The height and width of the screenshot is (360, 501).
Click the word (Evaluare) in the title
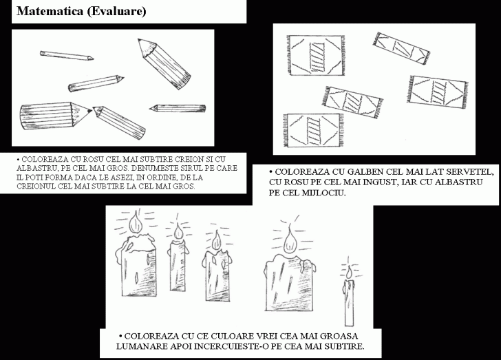pyautogui.click(x=116, y=12)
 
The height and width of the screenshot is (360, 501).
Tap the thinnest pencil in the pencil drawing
pyautogui.click(x=67, y=55)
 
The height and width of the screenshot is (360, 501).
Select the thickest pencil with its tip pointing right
pyautogui.click(x=56, y=115)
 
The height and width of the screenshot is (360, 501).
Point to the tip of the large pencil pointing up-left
pyautogui.click(x=139, y=39)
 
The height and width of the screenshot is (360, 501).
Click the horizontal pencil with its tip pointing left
pyautogui.click(x=178, y=108)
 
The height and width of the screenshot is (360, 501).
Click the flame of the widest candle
pyautogui.click(x=290, y=242)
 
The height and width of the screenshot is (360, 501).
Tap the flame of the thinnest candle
pyautogui.click(x=349, y=272)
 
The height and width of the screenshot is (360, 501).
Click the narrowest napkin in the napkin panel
pyautogui.click(x=401, y=48)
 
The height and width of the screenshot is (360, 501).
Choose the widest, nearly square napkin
pyautogui.click(x=317, y=56)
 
